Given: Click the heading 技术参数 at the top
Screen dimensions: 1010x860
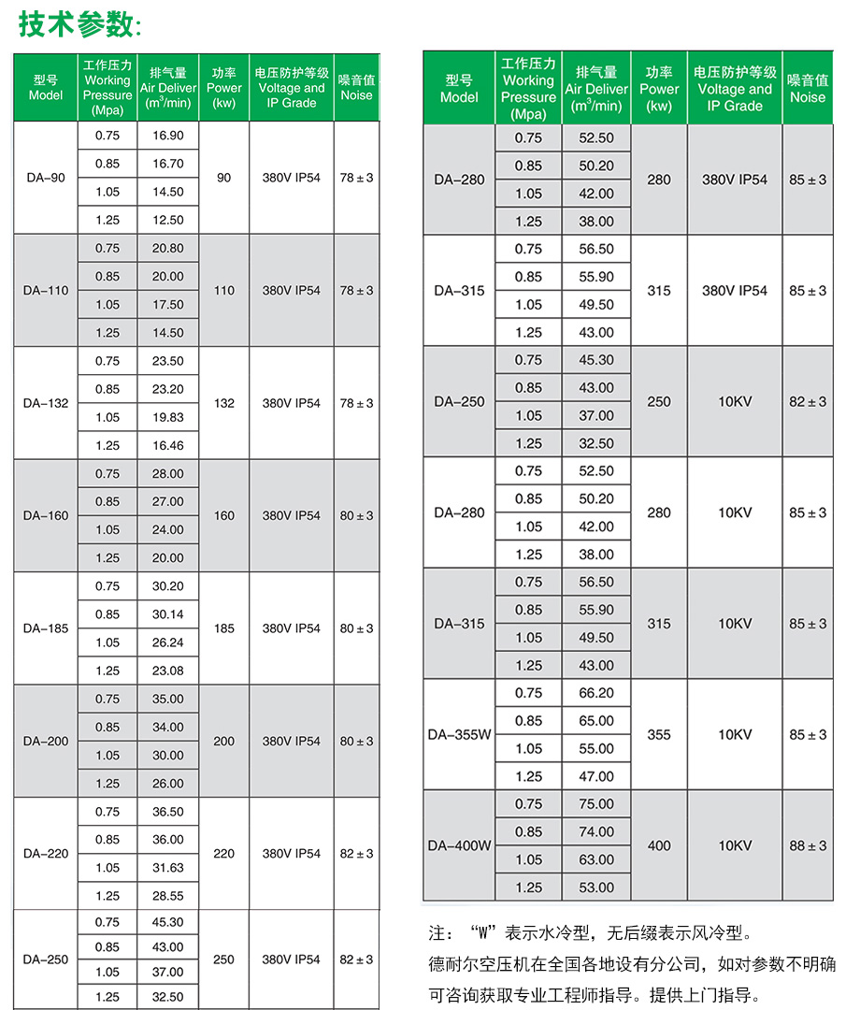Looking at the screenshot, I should [x=79, y=25].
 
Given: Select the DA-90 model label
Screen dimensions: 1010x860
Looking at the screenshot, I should [x=45, y=178].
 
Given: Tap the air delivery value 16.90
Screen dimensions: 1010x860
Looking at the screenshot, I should [x=167, y=136].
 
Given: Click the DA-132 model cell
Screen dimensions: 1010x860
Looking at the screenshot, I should [x=45, y=403].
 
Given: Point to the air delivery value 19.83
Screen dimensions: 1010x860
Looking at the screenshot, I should [x=167, y=417].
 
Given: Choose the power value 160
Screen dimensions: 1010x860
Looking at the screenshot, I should [x=224, y=515].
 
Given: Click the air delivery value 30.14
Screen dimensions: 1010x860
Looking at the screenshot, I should [x=167, y=614].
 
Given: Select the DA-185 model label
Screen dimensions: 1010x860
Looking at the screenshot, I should [x=45, y=628].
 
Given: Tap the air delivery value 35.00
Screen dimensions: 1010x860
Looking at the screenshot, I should [x=167, y=699].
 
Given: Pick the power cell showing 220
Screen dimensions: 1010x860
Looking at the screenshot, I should [x=224, y=853].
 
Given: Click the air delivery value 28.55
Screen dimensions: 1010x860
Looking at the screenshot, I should [x=167, y=896].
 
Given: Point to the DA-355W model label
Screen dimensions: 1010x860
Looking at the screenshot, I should [x=459, y=734].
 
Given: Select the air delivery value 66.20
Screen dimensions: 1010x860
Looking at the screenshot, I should [x=596, y=693].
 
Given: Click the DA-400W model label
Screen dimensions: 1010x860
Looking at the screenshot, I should [x=459, y=845].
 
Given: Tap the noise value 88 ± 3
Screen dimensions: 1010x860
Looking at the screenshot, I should [x=808, y=845].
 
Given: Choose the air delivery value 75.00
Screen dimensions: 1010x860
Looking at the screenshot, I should [x=596, y=803].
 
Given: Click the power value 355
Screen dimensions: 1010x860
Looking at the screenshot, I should [x=659, y=734].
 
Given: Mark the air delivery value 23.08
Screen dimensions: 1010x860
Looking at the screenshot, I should [x=167, y=671].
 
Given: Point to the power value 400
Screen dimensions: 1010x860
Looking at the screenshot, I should [x=659, y=845].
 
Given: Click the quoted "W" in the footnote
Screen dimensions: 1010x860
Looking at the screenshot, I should [x=480, y=932].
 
